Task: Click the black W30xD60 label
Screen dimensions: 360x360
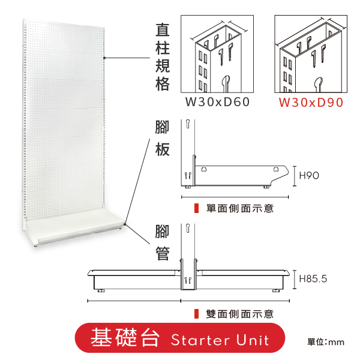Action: point(217,102)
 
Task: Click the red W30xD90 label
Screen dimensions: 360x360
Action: point(311,103)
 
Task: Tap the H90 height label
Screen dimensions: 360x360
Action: point(309,176)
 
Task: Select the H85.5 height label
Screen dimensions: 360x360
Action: point(313,279)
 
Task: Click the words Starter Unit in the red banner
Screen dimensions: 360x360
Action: point(220,340)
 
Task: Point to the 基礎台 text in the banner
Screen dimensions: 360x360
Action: point(125,337)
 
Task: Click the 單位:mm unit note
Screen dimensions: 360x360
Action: point(326,342)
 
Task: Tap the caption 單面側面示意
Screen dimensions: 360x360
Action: point(240,208)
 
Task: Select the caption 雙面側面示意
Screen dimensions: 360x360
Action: point(240,314)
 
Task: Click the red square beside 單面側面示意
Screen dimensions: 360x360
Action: point(196,208)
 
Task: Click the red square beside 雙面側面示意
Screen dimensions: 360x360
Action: point(196,314)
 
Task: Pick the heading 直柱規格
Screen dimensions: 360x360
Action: point(163,57)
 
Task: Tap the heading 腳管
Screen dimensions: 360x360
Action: point(163,242)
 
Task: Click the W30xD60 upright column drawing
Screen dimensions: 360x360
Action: point(217,54)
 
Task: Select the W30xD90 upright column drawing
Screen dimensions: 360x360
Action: point(311,54)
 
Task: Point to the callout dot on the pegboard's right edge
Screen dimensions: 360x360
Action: point(104,58)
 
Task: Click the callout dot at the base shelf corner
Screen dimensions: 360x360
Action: point(125,224)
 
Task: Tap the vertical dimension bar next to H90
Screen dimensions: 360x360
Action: point(295,176)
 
